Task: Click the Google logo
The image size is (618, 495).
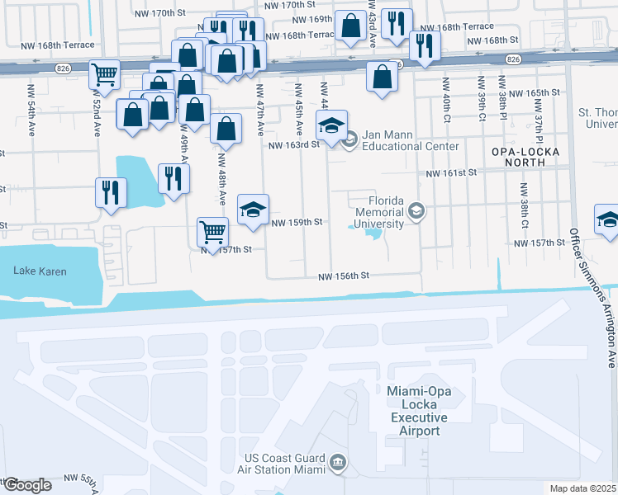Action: tap(27, 485)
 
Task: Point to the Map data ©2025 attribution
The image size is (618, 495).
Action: tap(582, 488)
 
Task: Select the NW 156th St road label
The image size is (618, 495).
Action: tap(344, 277)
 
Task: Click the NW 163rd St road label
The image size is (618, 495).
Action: tap(293, 145)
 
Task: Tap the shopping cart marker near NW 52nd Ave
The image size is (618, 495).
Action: tap(105, 74)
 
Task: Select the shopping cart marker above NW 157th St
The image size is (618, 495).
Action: tap(212, 231)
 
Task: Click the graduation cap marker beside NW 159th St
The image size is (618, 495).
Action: tap(254, 208)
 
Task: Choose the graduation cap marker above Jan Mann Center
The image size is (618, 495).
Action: tap(331, 125)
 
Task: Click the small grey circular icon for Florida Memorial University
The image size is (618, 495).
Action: tap(416, 212)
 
